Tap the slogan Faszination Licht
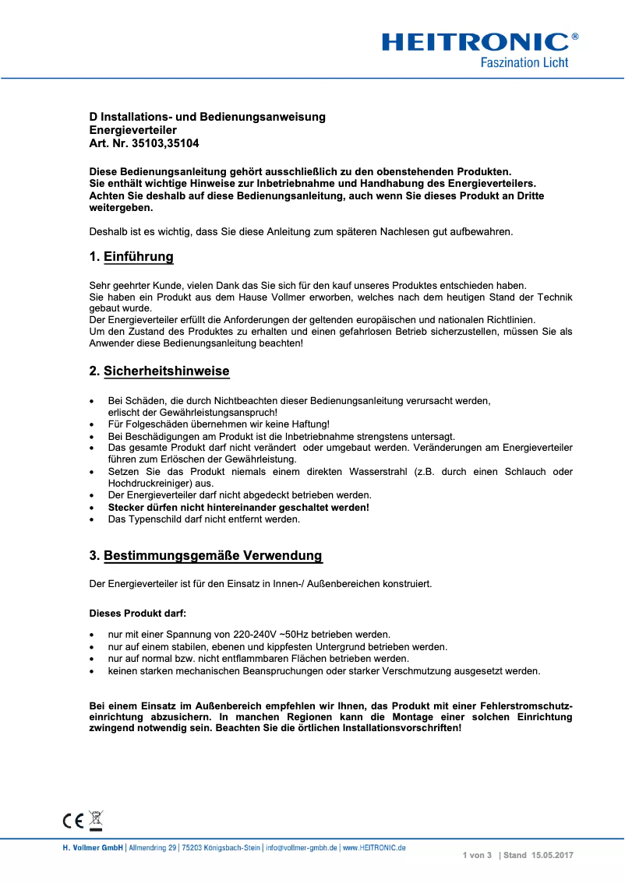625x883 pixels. pyautogui.click(x=524, y=62)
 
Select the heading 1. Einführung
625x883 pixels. pyautogui.click(x=131, y=257)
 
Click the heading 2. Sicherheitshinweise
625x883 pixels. pyautogui.click(x=159, y=371)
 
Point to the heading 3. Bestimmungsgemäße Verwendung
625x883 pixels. pyautogui.click(x=206, y=556)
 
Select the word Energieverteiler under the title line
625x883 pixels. pyautogui.click(x=132, y=130)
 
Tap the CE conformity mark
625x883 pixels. pyautogui.click(x=73, y=820)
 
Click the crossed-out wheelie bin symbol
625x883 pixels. pyautogui.click(x=96, y=819)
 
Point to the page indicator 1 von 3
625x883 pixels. pyautogui.click(x=477, y=855)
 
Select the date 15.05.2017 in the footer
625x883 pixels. pyautogui.click(x=553, y=855)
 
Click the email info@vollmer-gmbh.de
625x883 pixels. pyautogui.click(x=301, y=847)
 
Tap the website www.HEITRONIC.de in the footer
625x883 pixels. pyautogui.click(x=374, y=847)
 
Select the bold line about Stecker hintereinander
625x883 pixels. pyautogui.click(x=238, y=507)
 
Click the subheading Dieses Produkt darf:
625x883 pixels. pyautogui.click(x=138, y=613)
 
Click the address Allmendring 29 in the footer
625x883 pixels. pyautogui.click(x=153, y=847)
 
